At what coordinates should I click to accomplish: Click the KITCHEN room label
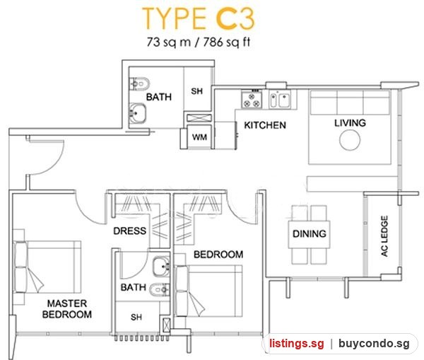(265, 125)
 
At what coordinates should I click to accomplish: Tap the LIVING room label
(351, 123)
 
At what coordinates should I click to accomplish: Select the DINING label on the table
(310, 233)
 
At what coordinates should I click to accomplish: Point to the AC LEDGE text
(384, 236)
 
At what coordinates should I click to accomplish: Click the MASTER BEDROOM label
(67, 309)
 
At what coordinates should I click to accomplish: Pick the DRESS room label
(130, 231)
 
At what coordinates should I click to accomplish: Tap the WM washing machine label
(199, 137)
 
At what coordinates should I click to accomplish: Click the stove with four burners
(252, 100)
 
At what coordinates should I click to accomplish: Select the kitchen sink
(280, 99)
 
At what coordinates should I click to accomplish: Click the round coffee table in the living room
(350, 140)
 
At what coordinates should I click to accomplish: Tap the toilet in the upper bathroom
(139, 84)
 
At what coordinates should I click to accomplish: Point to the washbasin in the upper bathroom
(137, 113)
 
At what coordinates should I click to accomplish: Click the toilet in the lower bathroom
(160, 289)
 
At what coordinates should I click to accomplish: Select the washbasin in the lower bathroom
(161, 267)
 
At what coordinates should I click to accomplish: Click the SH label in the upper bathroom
(197, 91)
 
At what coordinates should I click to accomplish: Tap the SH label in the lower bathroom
(136, 317)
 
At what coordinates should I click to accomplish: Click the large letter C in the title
(226, 18)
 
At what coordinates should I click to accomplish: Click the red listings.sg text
(296, 344)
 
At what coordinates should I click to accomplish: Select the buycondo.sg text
(374, 344)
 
